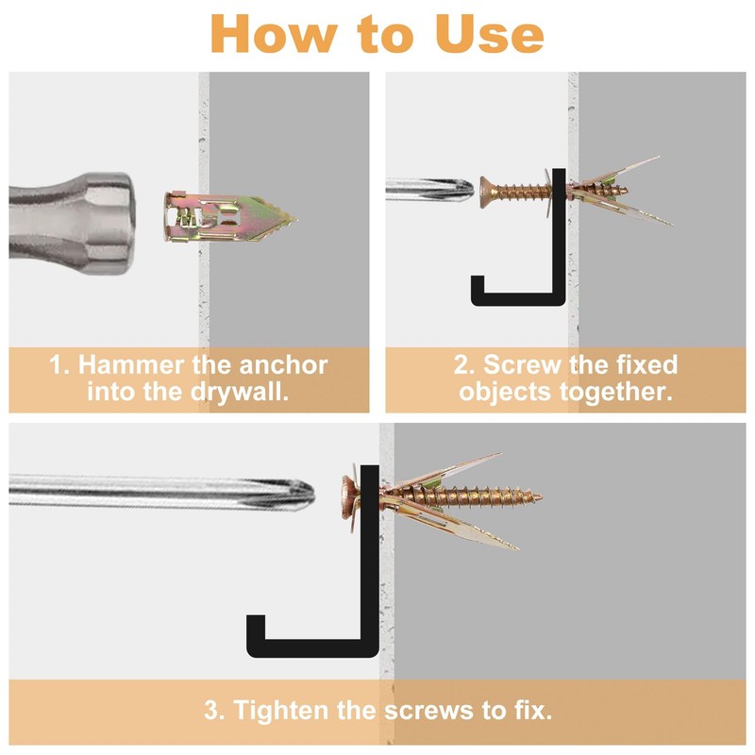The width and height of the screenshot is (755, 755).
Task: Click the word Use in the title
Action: point(490,34)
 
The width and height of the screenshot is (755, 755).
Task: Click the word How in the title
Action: point(274,34)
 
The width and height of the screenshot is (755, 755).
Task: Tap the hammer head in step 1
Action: point(72,224)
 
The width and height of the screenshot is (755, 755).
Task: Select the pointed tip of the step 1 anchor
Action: point(295,220)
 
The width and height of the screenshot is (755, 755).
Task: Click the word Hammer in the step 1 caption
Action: point(132,364)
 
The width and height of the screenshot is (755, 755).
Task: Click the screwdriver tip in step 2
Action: point(467,190)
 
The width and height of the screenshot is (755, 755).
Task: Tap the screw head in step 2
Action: point(487,192)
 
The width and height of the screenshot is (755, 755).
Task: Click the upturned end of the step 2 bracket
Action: point(477,284)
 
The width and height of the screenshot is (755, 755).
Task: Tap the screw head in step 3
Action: point(349,497)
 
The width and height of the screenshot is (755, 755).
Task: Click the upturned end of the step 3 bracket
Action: point(256,626)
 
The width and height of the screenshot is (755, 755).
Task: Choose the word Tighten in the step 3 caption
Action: point(281,711)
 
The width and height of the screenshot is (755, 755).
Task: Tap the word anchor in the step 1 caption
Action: point(284,365)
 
